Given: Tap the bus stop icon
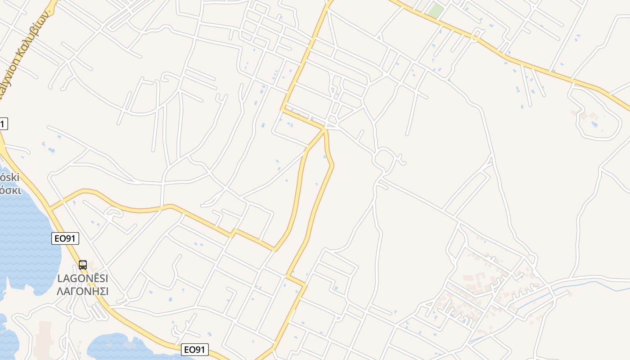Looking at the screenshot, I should tap(83, 265).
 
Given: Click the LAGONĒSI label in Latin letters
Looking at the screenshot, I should tap(83, 279).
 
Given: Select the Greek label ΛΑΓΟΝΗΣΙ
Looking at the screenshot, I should tap(83, 291).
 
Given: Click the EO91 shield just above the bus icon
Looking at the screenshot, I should tap(65, 238).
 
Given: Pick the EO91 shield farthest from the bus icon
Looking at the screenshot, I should tap(195, 350).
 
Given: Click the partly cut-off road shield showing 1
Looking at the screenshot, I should tap(3, 124).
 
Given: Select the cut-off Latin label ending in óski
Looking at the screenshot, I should tap(9, 178).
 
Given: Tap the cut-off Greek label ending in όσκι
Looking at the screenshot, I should tap(10, 189).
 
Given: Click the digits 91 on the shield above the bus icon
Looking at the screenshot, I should tap(69, 238).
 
